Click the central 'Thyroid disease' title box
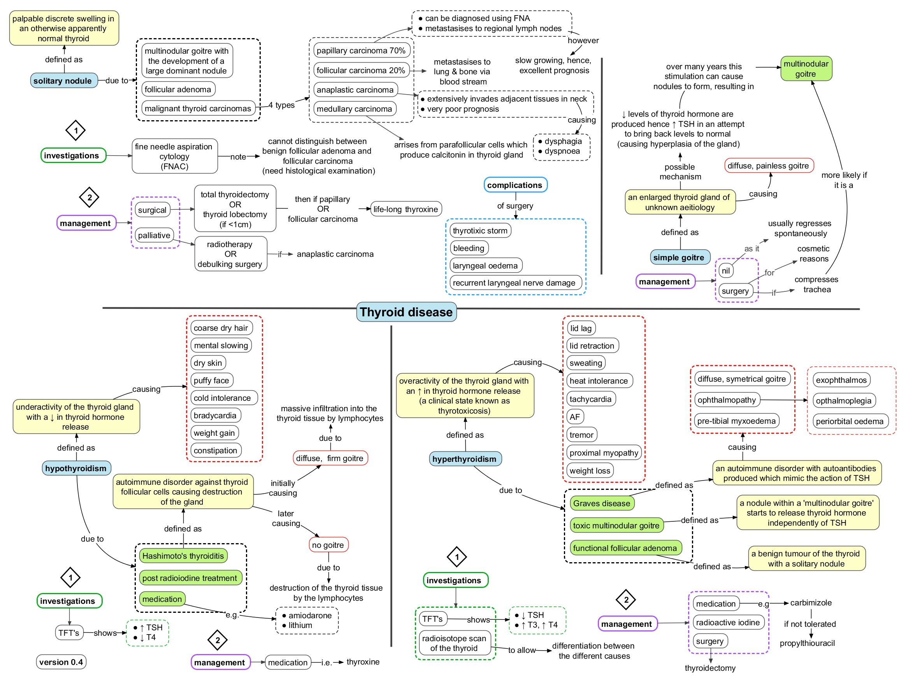(x=406, y=312)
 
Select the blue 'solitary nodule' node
(x=63, y=81)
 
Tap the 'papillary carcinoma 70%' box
(x=361, y=50)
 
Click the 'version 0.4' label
(x=61, y=662)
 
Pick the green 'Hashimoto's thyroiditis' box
(x=183, y=556)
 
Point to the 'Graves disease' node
(x=601, y=503)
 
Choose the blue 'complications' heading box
(x=515, y=185)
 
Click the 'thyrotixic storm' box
(x=480, y=231)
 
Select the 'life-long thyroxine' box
(x=406, y=209)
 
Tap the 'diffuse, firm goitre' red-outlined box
(x=330, y=458)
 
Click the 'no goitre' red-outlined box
(x=328, y=545)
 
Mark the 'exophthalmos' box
(x=841, y=380)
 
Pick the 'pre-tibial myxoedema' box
(x=736, y=421)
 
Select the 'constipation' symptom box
(x=216, y=451)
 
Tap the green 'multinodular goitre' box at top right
(x=806, y=69)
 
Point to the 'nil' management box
(x=725, y=271)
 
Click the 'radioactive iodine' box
(x=728, y=623)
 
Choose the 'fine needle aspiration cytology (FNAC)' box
(x=174, y=156)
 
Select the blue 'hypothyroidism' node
(x=76, y=468)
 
